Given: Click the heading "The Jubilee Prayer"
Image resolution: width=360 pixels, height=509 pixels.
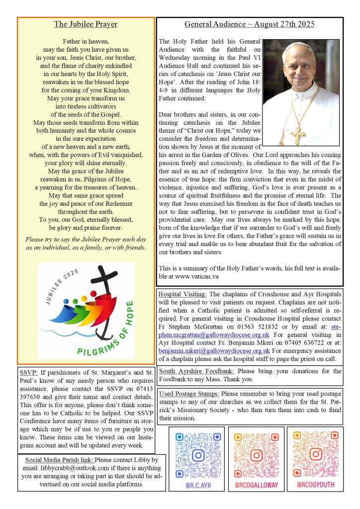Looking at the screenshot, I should pyautogui.click(x=86, y=24).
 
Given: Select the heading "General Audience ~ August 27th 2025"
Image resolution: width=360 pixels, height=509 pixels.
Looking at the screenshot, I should pyautogui.click(x=250, y=24).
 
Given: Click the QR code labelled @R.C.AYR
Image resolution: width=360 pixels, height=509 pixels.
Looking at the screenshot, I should pyautogui.click(x=198, y=455).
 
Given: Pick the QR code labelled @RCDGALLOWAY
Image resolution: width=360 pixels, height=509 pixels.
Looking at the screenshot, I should pyautogui.click(x=256, y=455).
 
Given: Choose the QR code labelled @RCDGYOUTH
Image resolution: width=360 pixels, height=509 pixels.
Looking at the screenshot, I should pyautogui.click(x=315, y=455).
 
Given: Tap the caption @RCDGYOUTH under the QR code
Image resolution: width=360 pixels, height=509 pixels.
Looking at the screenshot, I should pyautogui.click(x=315, y=485).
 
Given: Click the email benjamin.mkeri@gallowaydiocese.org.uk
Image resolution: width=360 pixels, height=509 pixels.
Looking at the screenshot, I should pyautogui.click(x=214, y=350).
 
